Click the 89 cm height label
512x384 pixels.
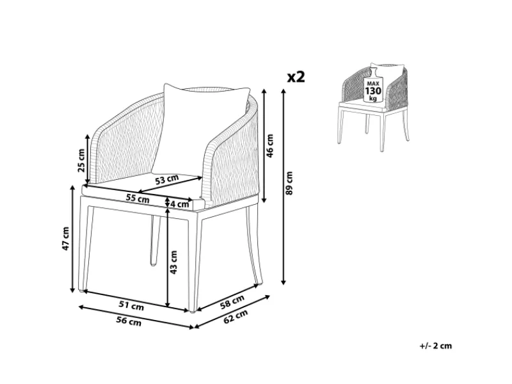coord(289,183)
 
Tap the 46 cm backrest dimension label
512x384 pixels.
coord(269,146)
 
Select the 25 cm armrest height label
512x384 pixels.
coord(81,160)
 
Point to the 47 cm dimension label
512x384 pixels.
coord(66,238)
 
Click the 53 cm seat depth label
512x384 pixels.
coord(167,179)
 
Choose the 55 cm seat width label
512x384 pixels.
coord(138,198)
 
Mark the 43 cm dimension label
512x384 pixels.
coord(173,262)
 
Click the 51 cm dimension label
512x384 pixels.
coord(131,306)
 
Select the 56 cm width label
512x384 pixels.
coord(129,321)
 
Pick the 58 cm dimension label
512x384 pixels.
coord(232,301)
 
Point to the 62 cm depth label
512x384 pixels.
coord(236,316)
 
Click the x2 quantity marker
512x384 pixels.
coord(296,77)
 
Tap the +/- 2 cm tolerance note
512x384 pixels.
coord(436,346)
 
